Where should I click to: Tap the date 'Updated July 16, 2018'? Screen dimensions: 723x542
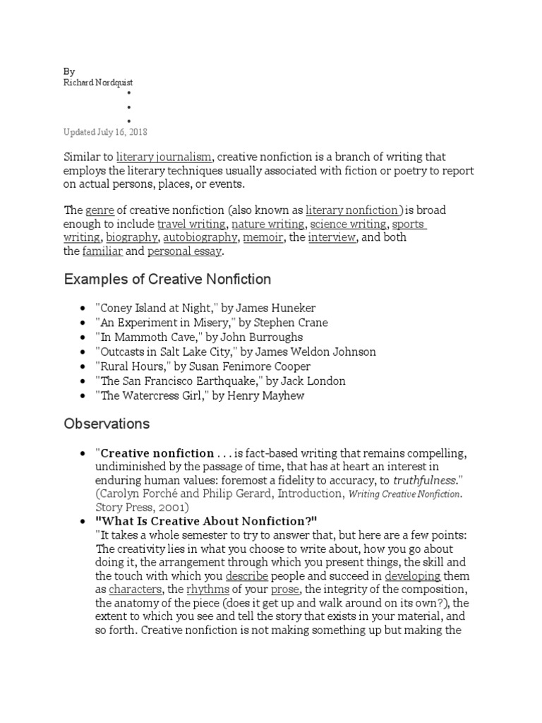click(x=106, y=132)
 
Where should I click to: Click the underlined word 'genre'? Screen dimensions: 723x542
click(x=100, y=210)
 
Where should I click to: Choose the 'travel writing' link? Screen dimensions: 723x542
click(x=192, y=224)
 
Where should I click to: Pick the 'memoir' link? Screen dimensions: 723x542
click(x=263, y=237)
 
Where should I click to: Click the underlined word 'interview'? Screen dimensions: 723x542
click(x=332, y=237)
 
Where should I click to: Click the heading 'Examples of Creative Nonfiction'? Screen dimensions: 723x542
click(x=167, y=280)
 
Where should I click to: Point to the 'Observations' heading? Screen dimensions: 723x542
click(x=107, y=424)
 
